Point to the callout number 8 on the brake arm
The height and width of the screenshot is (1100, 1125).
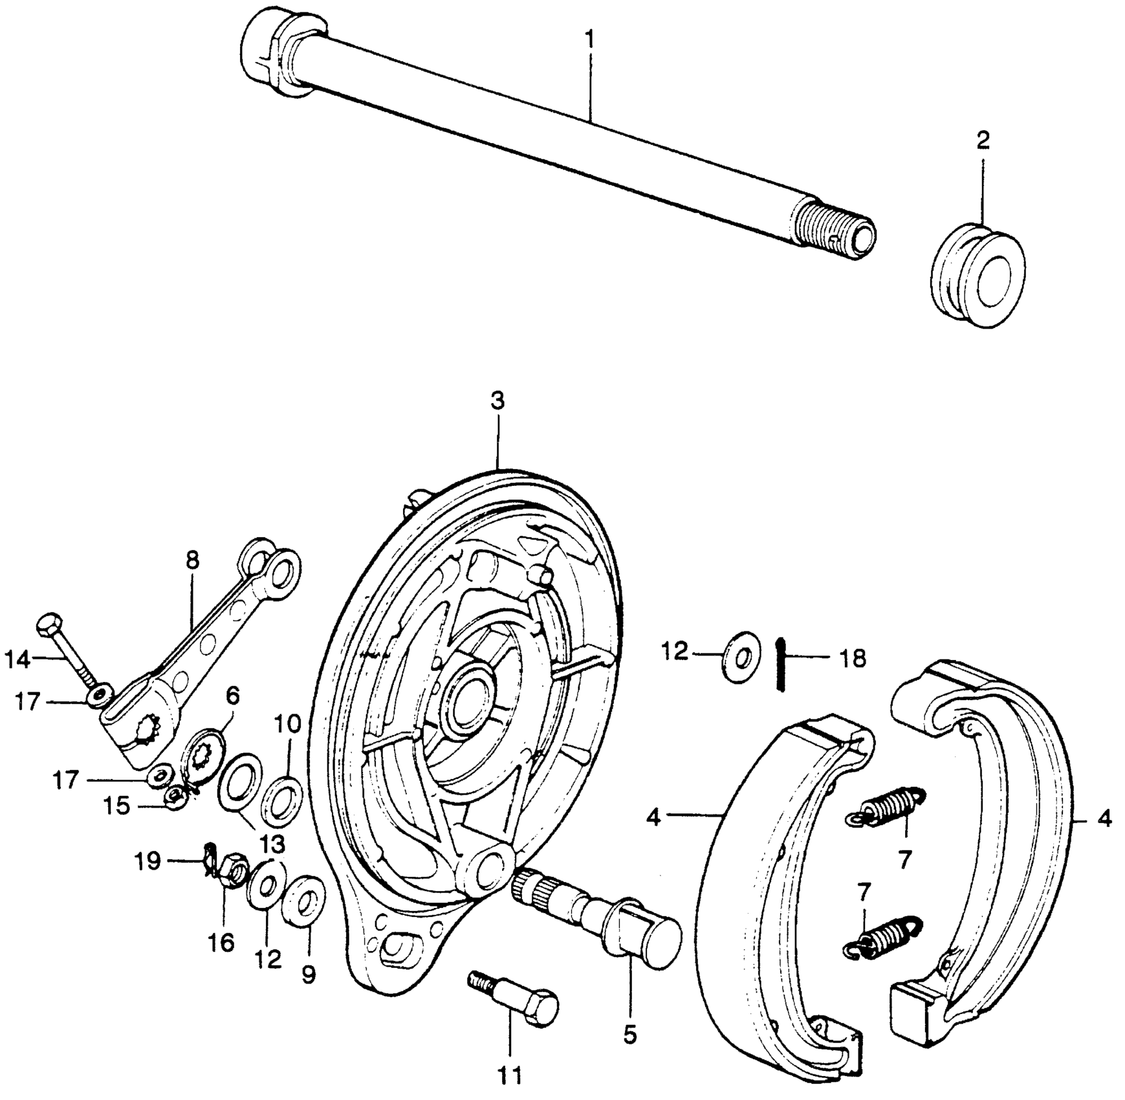coord(192,560)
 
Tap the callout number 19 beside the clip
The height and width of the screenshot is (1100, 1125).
coord(148,862)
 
